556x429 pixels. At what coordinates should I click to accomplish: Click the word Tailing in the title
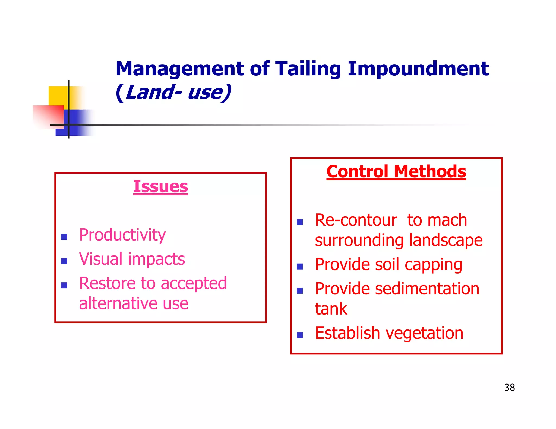(308, 69)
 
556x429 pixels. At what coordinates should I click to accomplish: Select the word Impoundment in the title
(418, 69)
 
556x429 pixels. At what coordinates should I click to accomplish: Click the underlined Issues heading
(160, 187)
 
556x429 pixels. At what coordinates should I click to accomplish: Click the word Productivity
(122, 235)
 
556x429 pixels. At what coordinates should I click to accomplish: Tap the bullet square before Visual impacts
(64, 261)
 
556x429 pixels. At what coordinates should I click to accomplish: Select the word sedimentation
(427, 289)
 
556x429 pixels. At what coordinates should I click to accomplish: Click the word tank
(331, 309)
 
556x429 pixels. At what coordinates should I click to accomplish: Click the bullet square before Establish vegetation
(300, 335)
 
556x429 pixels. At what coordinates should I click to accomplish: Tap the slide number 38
(509, 388)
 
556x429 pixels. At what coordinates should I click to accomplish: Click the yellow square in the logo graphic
(58, 95)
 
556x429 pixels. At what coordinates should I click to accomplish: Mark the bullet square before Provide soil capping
(300, 267)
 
